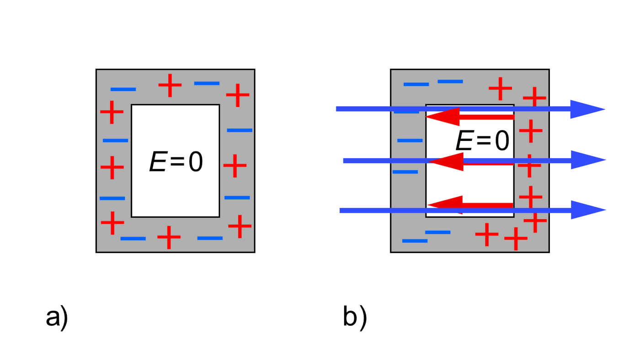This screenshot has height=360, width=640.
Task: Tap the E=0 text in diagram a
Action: point(176,162)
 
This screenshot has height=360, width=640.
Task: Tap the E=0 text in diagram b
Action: point(482,140)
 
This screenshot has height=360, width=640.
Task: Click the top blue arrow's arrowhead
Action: point(587,109)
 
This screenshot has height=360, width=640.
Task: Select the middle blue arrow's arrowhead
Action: point(587,160)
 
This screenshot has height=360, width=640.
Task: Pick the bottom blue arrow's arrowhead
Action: point(587,210)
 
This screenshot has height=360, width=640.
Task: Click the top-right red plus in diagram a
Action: point(238,95)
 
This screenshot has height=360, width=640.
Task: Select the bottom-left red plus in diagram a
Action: point(112,223)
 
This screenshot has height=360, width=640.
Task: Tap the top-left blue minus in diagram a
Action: point(123,89)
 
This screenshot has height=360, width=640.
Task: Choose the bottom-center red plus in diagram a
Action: point(169,237)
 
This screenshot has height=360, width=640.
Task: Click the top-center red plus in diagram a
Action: point(170,85)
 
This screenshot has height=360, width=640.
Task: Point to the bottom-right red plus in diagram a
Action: point(240,226)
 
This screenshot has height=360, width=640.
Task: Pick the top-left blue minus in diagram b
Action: point(416,84)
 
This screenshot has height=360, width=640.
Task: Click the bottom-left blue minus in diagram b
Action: point(415,241)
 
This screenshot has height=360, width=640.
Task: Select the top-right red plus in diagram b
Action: point(534,97)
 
